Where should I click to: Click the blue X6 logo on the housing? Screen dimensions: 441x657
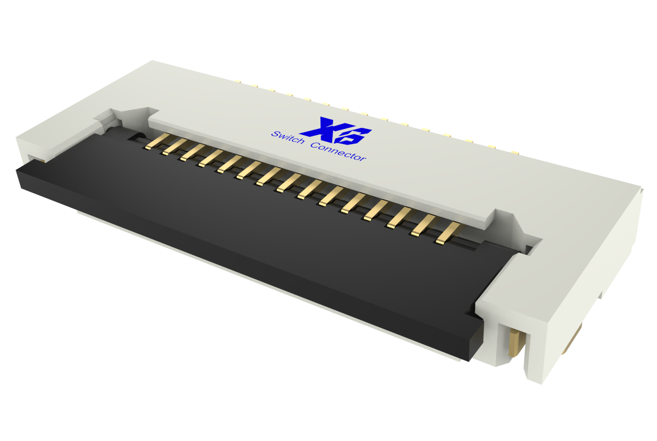pyautogui.click(x=336, y=131)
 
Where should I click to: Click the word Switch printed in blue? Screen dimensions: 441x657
pyautogui.click(x=288, y=138)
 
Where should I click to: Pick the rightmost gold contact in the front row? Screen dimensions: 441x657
pyautogui.click(x=449, y=233)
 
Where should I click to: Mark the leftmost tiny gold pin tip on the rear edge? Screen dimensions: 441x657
pyautogui.click(x=238, y=81)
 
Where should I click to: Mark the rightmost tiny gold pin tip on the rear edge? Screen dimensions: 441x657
pyautogui.click(x=515, y=152)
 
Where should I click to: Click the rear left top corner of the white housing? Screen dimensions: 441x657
pyautogui.click(x=153, y=62)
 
